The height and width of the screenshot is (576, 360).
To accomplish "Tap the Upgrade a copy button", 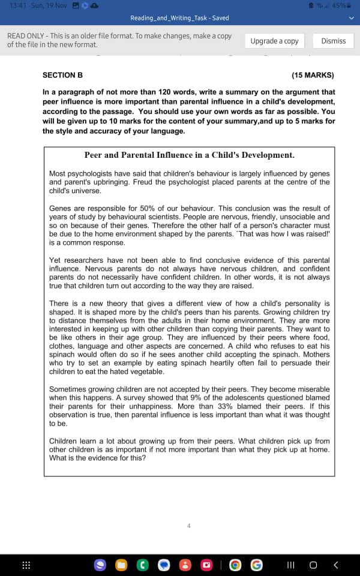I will point(274,41).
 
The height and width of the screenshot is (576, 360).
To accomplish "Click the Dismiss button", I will point(334,41).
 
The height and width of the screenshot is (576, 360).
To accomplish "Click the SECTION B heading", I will point(62,76).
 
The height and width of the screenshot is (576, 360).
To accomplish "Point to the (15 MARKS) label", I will point(313,76).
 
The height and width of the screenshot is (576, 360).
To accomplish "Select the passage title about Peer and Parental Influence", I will point(189,155).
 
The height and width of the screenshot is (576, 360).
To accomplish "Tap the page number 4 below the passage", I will point(188,526).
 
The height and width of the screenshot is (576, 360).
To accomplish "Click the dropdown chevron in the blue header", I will point(352,18).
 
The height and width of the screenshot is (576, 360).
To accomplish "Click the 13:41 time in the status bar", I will point(17,5).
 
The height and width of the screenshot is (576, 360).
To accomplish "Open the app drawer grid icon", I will point(26,565).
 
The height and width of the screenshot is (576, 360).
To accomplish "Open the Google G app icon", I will point(256,565).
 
